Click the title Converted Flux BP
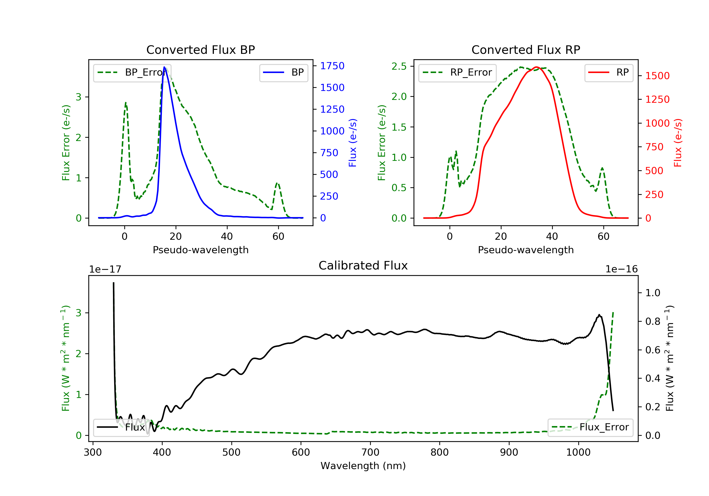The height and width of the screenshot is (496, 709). (200, 50)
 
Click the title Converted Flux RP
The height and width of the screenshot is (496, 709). (526, 50)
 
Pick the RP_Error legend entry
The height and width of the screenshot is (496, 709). (457, 73)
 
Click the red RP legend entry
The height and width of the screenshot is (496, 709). (609, 73)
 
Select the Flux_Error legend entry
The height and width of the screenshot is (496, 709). (590, 427)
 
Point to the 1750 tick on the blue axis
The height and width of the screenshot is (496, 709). (332, 66)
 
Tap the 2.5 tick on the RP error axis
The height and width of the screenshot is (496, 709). (399, 66)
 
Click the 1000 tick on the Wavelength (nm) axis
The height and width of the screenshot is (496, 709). (578, 453)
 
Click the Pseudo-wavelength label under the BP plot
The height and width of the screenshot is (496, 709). (200, 250)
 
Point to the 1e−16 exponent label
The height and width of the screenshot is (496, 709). (621, 269)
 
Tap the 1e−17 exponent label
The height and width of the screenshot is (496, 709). (105, 269)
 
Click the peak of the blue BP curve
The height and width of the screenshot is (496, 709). (164, 67)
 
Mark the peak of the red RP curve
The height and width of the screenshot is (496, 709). (536, 67)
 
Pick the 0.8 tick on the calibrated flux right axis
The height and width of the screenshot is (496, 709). (653, 321)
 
